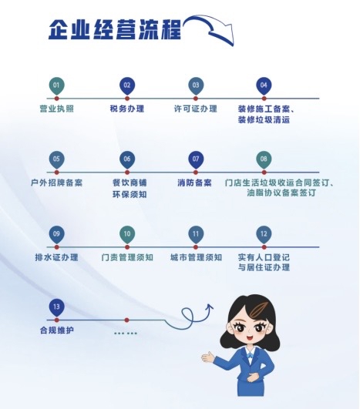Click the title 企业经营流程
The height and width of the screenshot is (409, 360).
pyautogui.click(x=115, y=29)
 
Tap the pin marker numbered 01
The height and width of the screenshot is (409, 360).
pyautogui.click(x=56, y=86)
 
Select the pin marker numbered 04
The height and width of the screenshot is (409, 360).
pyautogui.click(x=264, y=86)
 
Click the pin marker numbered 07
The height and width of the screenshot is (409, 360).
pyautogui.click(x=196, y=160)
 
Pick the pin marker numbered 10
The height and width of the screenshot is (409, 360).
pyautogui.click(x=127, y=235)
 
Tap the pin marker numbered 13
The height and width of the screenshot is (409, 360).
pyautogui.click(x=56, y=308)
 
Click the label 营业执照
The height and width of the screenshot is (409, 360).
pyautogui.click(x=56, y=109)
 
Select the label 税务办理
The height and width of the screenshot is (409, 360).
pyautogui.click(x=127, y=109)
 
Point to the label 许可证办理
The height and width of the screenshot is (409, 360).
pyautogui.click(x=196, y=109)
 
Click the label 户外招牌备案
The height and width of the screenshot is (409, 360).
pyautogui.click(x=56, y=183)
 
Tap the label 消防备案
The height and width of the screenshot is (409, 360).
pyautogui.click(x=194, y=183)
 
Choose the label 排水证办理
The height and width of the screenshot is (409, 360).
pyautogui.click(x=56, y=257)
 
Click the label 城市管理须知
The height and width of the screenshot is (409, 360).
pyautogui.click(x=196, y=257)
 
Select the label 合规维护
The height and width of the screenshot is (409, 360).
pyautogui.click(x=56, y=330)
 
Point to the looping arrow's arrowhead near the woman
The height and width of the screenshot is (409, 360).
pyautogui.click(x=209, y=308)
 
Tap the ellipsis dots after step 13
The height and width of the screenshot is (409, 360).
pyautogui.click(x=126, y=333)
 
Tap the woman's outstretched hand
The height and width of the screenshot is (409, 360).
pyautogui.click(x=208, y=357)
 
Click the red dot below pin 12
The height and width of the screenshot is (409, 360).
pyautogui.click(x=264, y=247)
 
